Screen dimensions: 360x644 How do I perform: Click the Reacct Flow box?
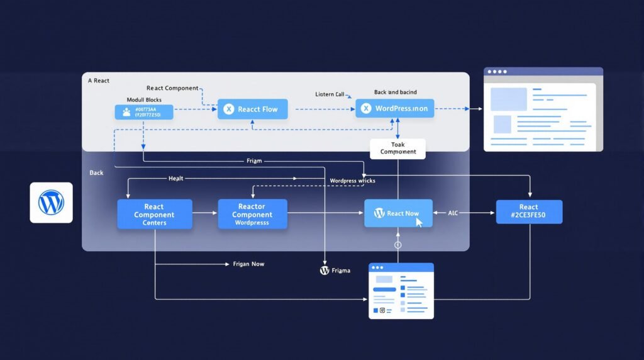point(252,109)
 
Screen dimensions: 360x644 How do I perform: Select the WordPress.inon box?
point(394,108)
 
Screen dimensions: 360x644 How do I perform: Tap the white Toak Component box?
point(397,149)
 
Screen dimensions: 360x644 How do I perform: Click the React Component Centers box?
point(154,214)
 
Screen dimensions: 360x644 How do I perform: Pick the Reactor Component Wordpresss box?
point(252,214)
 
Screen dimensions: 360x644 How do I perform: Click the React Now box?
point(398,213)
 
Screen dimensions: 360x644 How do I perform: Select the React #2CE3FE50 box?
point(528,212)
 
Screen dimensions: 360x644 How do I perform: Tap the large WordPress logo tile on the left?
point(51,203)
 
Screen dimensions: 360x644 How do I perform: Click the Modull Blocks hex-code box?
point(143,112)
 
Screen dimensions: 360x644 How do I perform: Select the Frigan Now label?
point(248,264)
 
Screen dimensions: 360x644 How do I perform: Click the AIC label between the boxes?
point(453,213)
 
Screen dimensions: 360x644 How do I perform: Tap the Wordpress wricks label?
point(352,181)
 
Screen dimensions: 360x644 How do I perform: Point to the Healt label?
point(176,179)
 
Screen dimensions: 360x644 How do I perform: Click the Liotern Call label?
point(330,94)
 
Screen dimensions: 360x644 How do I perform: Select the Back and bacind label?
point(395,92)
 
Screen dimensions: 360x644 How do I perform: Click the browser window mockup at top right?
point(543,110)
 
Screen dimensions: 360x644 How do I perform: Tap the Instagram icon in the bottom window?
point(382,310)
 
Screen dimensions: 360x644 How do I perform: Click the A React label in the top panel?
point(99,81)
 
